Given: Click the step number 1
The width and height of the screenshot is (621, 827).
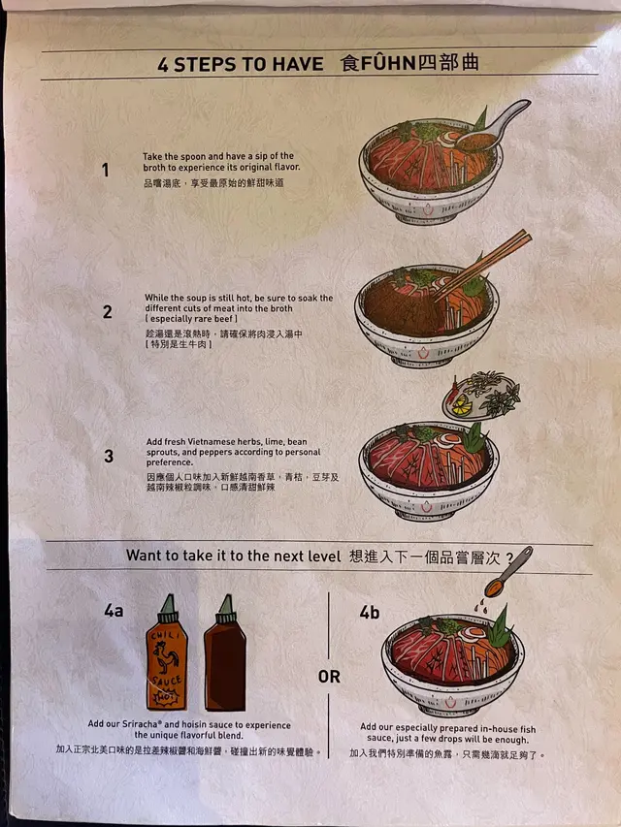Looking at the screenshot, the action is coord(106,170).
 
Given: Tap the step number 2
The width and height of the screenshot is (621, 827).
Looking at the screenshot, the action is coord(107,312).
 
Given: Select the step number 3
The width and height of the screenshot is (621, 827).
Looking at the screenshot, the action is coord(109,456).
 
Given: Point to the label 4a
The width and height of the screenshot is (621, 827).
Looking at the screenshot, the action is coord(114,611).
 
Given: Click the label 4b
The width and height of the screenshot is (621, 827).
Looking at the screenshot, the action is coord(370,613).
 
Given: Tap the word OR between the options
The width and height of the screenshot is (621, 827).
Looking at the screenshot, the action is coord(329,676).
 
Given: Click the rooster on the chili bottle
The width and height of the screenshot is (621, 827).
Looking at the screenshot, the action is coord(165,658).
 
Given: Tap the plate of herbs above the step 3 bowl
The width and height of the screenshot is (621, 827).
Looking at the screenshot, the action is coord(481,397).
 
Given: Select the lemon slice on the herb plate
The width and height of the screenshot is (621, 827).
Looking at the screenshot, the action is coord(460,404).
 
